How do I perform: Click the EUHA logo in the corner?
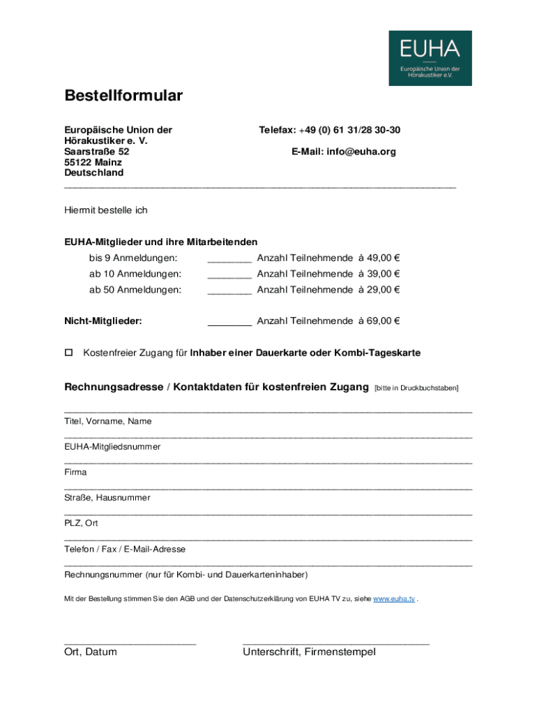[430, 58]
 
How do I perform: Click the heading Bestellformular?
[123, 96]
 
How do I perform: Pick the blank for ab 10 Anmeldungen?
[229, 275]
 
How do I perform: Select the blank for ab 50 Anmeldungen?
[229, 291]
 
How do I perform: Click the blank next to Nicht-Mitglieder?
[229, 323]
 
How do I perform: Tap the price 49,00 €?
[383, 258]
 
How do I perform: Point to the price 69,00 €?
[383, 321]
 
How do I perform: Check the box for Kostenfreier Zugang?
[68, 353]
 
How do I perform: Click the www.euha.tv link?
[394, 599]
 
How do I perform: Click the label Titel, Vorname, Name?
[108, 422]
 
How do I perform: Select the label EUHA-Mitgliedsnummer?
[112, 447]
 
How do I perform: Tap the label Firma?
[75, 473]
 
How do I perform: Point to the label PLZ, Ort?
[82, 524]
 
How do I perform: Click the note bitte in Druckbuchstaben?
[416, 388]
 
